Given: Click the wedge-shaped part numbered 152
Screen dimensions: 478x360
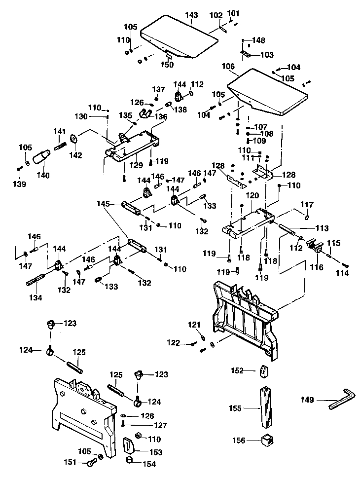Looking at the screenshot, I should click(x=265, y=370).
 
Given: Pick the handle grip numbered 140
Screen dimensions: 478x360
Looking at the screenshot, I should click(x=41, y=156).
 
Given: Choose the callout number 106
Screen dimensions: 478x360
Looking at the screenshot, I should click(x=228, y=67).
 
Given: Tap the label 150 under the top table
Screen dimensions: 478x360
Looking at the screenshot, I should click(x=168, y=65).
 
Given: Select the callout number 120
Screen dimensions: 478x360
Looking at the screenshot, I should click(x=252, y=196).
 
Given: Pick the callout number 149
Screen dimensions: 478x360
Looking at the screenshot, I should click(x=307, y=400).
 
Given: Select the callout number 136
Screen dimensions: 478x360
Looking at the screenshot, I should click(x=161, y=117).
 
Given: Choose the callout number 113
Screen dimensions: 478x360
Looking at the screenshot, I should click(x=322, y=228).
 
